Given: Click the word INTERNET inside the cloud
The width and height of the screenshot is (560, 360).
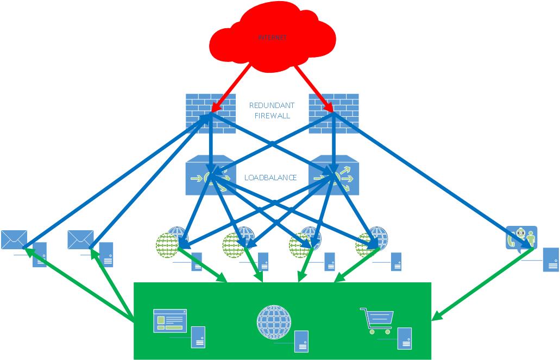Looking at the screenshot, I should (272, 38).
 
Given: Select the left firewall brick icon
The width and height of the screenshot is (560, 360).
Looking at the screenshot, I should (210, 113).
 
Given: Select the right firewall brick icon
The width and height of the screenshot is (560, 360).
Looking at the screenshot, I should (334, 113).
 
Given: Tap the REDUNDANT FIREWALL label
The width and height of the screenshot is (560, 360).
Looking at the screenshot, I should (272, 110).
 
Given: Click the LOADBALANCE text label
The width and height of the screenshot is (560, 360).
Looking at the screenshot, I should (270, 178).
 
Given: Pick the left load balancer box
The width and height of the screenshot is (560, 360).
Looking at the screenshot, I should (210, 176).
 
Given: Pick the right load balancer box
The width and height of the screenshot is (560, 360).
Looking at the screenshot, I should (333, 176).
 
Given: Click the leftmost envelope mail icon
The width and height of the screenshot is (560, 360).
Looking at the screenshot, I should (14, 239).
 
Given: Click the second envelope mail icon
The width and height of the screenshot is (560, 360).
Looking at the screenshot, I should (80, 239).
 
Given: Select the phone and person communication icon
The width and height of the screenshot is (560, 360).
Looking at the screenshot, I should (521, 237).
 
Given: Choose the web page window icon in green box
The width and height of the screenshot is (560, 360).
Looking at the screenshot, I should (169, 320).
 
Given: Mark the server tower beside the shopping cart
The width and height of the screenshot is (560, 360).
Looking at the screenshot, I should (404, 338).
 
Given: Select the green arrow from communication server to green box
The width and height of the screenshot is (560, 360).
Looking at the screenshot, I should (481, 286).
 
